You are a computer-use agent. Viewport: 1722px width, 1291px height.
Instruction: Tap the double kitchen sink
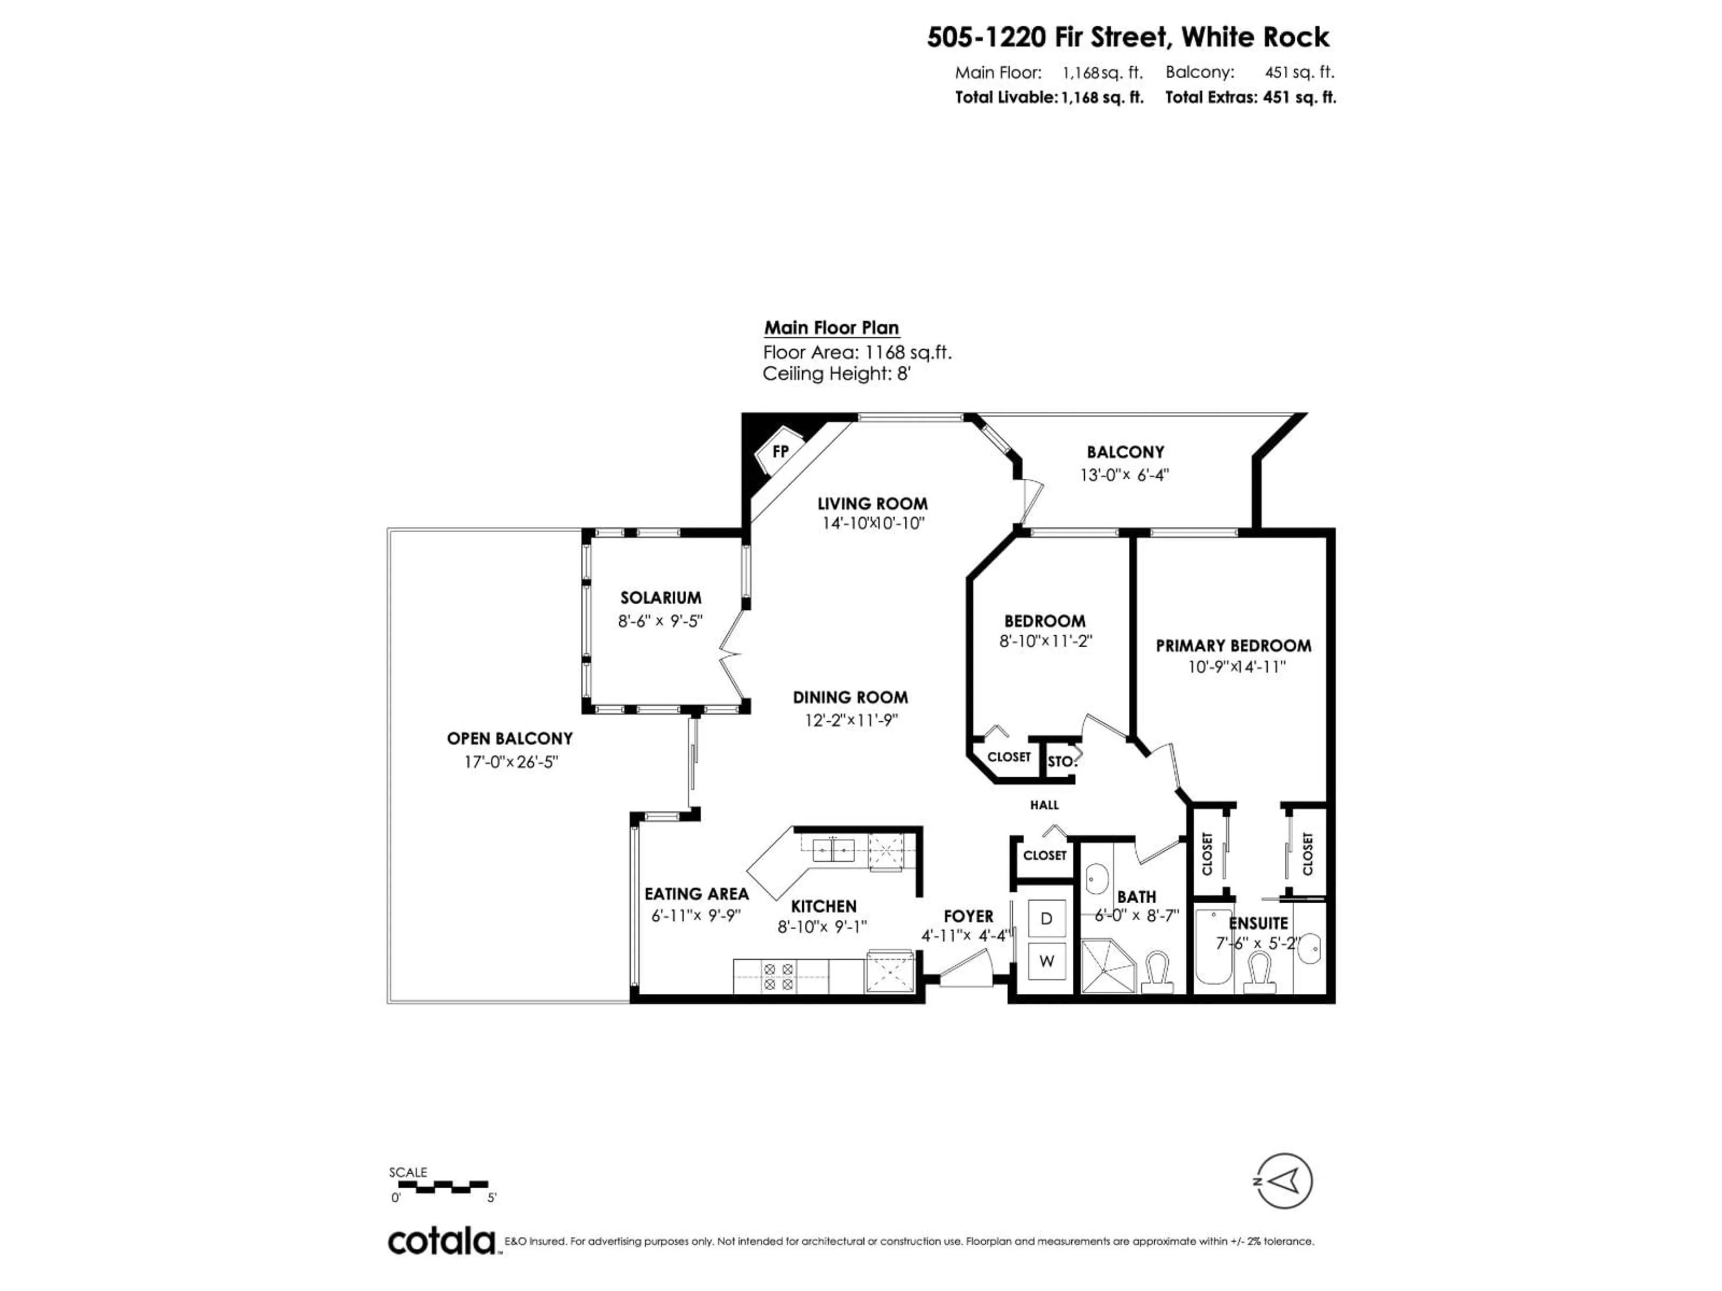click(833, 850)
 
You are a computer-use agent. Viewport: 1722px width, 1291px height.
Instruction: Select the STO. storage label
click(1060, 762)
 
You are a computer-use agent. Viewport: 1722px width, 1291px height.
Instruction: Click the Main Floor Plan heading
click(831, 328)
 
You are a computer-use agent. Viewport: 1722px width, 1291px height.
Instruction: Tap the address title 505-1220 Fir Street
click(1128, 37)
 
